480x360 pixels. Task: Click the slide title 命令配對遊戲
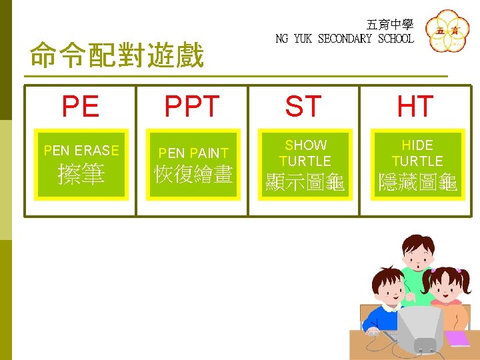point(117,57)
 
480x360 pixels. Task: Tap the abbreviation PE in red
point(81,107)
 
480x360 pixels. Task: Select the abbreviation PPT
point(192,107)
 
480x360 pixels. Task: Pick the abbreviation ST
point(303,107)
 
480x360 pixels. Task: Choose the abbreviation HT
point(415,107)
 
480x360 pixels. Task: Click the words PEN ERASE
point(81,151)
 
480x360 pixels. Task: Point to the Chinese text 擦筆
point(81,175)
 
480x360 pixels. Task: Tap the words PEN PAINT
point(193,153)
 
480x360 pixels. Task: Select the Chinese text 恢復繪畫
point(193,175)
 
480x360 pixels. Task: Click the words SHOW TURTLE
point(305,153)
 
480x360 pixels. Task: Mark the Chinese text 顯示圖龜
point(305,183)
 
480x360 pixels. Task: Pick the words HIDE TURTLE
point(417,153)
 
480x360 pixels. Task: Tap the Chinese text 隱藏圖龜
point(417,183)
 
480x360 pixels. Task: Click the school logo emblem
point(447,32)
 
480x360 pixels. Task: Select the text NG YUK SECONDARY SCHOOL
point(345,39)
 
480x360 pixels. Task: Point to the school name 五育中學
point(390,25)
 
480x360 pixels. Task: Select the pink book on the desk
point(457,338)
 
